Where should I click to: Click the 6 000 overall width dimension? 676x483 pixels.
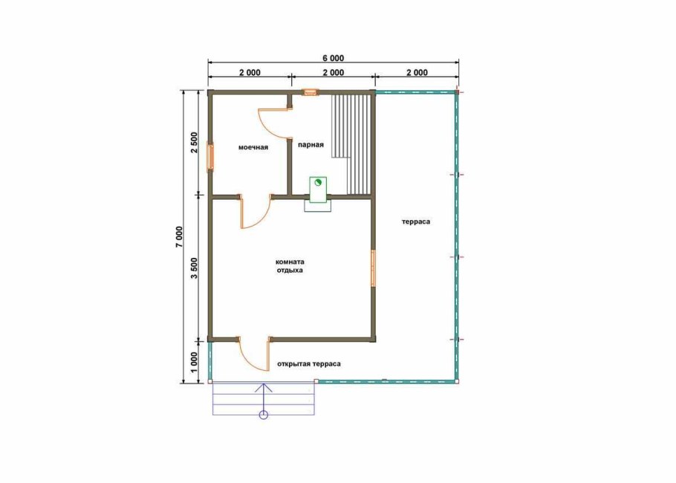pyautogui.click(x=334, y=58)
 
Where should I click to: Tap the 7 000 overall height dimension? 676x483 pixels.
pyautogui.click(x=179, y=236)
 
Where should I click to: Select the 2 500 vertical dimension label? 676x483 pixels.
pyautogui.click(x=194, y=143)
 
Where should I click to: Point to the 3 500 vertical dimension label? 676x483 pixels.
pyautogui.click(x=194, y=268)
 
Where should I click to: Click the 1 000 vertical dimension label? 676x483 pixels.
pyautogui.click(x=194, y=363)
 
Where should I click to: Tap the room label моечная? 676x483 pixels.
pyautogui.click(x=253, y=147)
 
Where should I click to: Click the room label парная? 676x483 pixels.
pyautogui.click(x=311, y=145)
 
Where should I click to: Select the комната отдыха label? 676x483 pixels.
pyautogui.click(x=290, y=266)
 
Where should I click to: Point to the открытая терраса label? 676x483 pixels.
pyautogui.click(x=309, y=364)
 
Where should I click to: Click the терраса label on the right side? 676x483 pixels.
pyautogui.click(x=415, y=221)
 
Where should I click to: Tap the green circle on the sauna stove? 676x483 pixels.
pyautogui.click(x=318, y=182)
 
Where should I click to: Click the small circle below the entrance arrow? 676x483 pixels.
pyautogui.click(x=264, y=415)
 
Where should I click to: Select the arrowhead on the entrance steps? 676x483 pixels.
pyautogui.click(x=264, y=386)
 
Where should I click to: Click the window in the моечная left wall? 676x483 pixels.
pyautogui.click(x=211, y=157)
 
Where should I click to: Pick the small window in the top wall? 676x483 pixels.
pyautogui.click(x=310, y=92)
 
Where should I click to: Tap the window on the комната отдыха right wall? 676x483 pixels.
pyautogui.click(x=374, y=268)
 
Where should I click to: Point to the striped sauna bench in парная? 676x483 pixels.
pyautogui.click(x=351, y=144)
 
